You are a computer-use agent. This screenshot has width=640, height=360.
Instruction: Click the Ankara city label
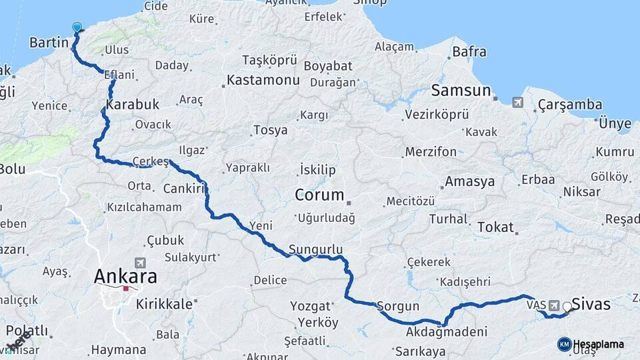pyautogui.click(x=125, y=275)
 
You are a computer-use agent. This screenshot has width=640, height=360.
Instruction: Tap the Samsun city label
pyautogui.click(x=461, y=90)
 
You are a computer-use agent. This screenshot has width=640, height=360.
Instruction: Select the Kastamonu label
pyautogui.click(x=262, y=80)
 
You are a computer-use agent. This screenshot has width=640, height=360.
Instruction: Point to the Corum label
pyautogui.click(x=320, y=195)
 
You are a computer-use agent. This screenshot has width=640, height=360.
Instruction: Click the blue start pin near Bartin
pyautogui.click(x=77, y=28)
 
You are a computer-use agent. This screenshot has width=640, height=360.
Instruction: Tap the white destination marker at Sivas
pyautogui.click(x=567, y=307)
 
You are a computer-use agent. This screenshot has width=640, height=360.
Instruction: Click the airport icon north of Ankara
pyautogui.click(x=139, y=263)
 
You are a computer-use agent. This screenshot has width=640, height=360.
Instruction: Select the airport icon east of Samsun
pyautogui.click(x=518, y=103)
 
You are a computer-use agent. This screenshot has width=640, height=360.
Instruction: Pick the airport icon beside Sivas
pyautogui.click(x=554, y=305)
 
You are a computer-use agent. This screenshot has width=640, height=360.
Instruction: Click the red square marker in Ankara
pyautogui.click(x=125, y=289)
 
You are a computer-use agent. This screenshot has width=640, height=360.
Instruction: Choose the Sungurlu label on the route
pyautogui.click(x=316, y=249)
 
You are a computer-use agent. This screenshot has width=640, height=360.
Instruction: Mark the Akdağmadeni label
pyautogui.click(x=446, y=331)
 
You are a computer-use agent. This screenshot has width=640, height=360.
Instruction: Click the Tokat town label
pyautogui.click(x=495, y=227)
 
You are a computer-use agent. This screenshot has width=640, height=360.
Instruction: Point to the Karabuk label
pyautogui.click(x=133, y=104)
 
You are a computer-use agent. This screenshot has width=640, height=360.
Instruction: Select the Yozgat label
pyautogui.click(x=311, y=306)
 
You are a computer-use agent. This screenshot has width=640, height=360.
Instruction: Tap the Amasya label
pyautogui.click(x=469, y=181)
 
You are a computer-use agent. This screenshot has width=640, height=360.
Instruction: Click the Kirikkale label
pyautogui.click(x=163, y=304)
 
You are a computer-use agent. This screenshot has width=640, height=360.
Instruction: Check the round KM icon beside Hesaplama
pyautogui.click(x=564, y=344)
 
